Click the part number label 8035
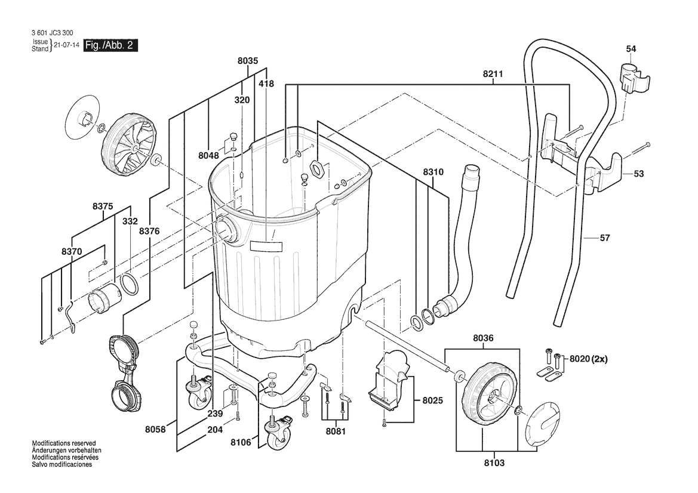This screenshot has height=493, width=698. click(248, 61)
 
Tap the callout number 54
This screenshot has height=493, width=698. click(631, 49)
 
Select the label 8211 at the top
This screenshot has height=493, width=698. click(493, 74)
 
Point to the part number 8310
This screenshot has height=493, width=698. click(433, 172)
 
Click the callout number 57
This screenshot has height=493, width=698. click(604, 238)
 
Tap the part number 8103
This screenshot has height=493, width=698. click(494, 463)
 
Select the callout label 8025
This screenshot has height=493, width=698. click(432, 400)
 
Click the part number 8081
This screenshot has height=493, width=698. click(335, 431)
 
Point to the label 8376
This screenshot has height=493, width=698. click(149, 232)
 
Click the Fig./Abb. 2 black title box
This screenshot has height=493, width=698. click(110, 45)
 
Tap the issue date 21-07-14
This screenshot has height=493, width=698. click(67, 45)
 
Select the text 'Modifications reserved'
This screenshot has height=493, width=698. click(64, 443)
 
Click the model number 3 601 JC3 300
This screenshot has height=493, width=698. click(53, 33)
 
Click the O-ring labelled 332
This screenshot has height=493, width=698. click(129, 284)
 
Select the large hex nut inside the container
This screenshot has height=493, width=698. click(317, 169)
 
